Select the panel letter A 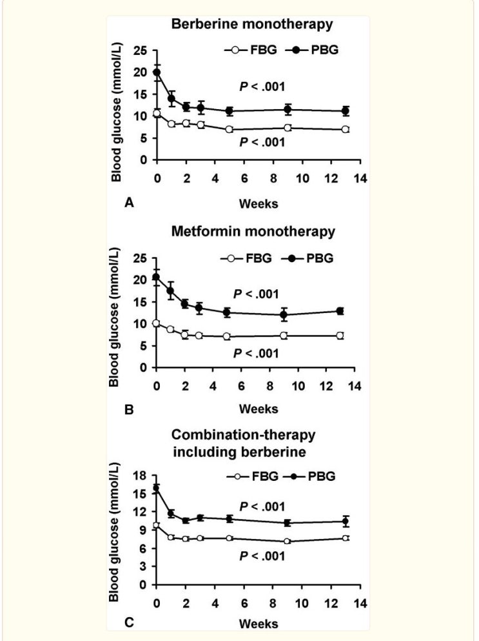click(128, 203)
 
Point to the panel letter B click(128, 409)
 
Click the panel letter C click(128, 622)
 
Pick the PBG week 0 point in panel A click(157, 72)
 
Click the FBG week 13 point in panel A click(346, 129)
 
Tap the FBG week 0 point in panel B click(157, 323)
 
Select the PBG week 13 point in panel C click(346, 521)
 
